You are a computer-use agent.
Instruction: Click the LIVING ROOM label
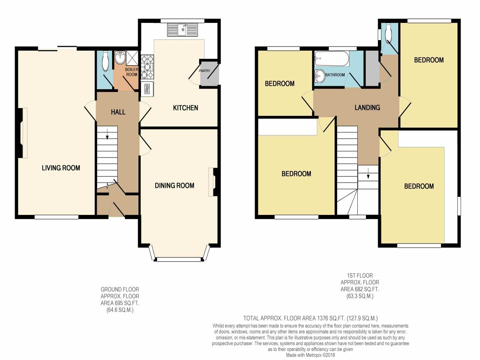pyautogui.click(x=61, y=168)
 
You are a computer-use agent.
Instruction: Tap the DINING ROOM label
pyautogui.click(x=174, y=185)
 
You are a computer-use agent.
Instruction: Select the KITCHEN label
pyautogui.click(x=185, y=108)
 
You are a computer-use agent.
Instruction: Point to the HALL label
pyautogui.click(x=118, y=112)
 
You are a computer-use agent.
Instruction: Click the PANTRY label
pyautogui.click(x=204, y=71)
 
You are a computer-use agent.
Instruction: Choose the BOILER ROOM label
pyautogui.click(x=132, y=72)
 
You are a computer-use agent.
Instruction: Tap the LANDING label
pyautogui.click(x=367, y=108)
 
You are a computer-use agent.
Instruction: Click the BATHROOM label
pyautogui.click(x=335, y=75)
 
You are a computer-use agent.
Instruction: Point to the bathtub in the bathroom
pyautogui.click(x=332, y=57)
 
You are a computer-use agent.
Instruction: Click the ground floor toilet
pyautogui.click(x=105, y=61)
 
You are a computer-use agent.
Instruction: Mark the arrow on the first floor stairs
pyautogui.click(x=368, y=173)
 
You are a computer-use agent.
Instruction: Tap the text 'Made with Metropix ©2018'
pyautogui.click(x=310, y=355)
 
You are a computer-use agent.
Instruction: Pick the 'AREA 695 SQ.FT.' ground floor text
pyautogui.click(x=120, y=303)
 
